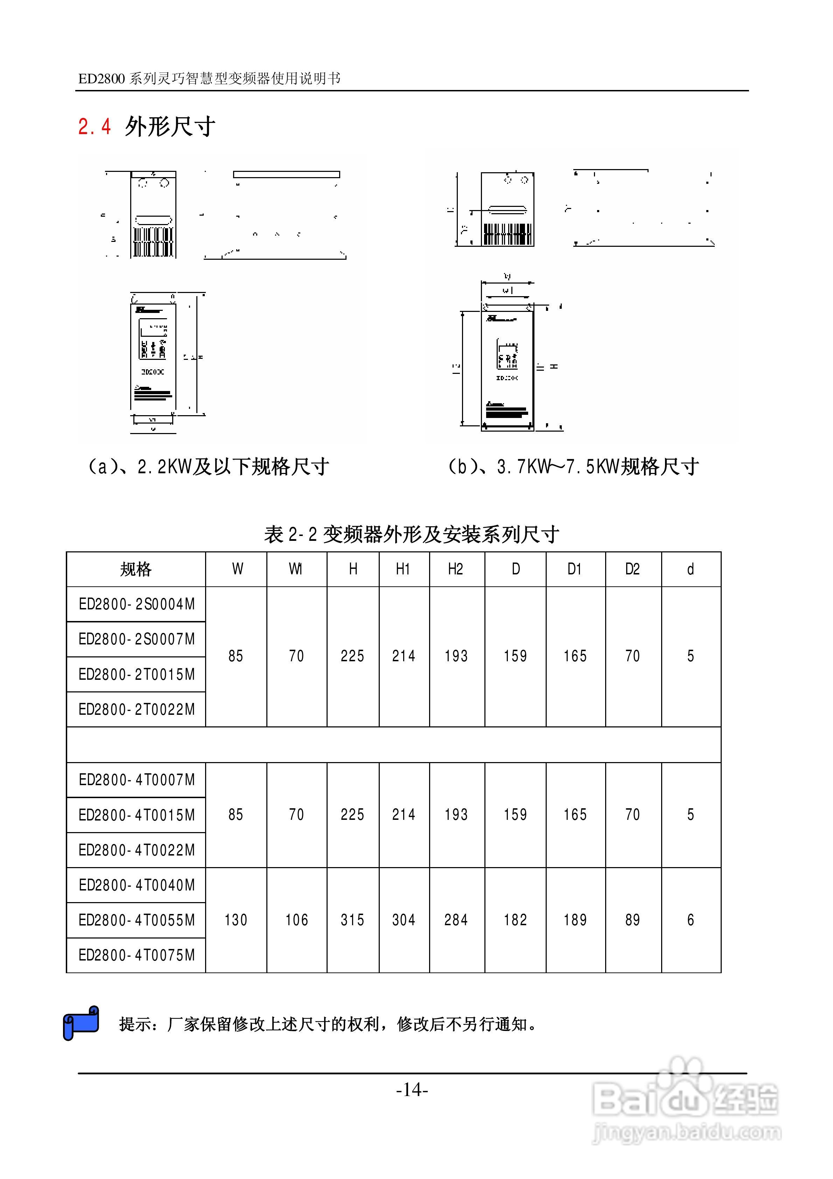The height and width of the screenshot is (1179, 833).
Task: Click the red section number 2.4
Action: [94, 126]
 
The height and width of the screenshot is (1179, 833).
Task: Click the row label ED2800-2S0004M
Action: [136, 605]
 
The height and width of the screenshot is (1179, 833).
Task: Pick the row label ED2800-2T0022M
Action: [136, 710]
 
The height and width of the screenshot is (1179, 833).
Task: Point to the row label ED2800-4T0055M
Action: [136, 920]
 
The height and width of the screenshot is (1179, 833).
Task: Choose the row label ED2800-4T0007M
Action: [136, 780]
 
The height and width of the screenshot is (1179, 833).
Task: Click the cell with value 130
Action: [236, 920]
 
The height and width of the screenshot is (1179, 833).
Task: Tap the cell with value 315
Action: [352, 920]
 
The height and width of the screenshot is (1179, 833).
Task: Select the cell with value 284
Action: [456, 920]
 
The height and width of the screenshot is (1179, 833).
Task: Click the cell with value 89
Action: [633, 920]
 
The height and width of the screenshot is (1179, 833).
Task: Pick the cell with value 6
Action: [691, 920]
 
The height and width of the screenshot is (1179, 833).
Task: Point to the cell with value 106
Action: [297, 920]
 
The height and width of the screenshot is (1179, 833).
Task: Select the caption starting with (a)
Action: [208, 467]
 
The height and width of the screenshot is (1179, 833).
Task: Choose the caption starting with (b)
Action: [573, 467]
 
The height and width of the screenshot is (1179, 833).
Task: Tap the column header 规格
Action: [136, 570]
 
